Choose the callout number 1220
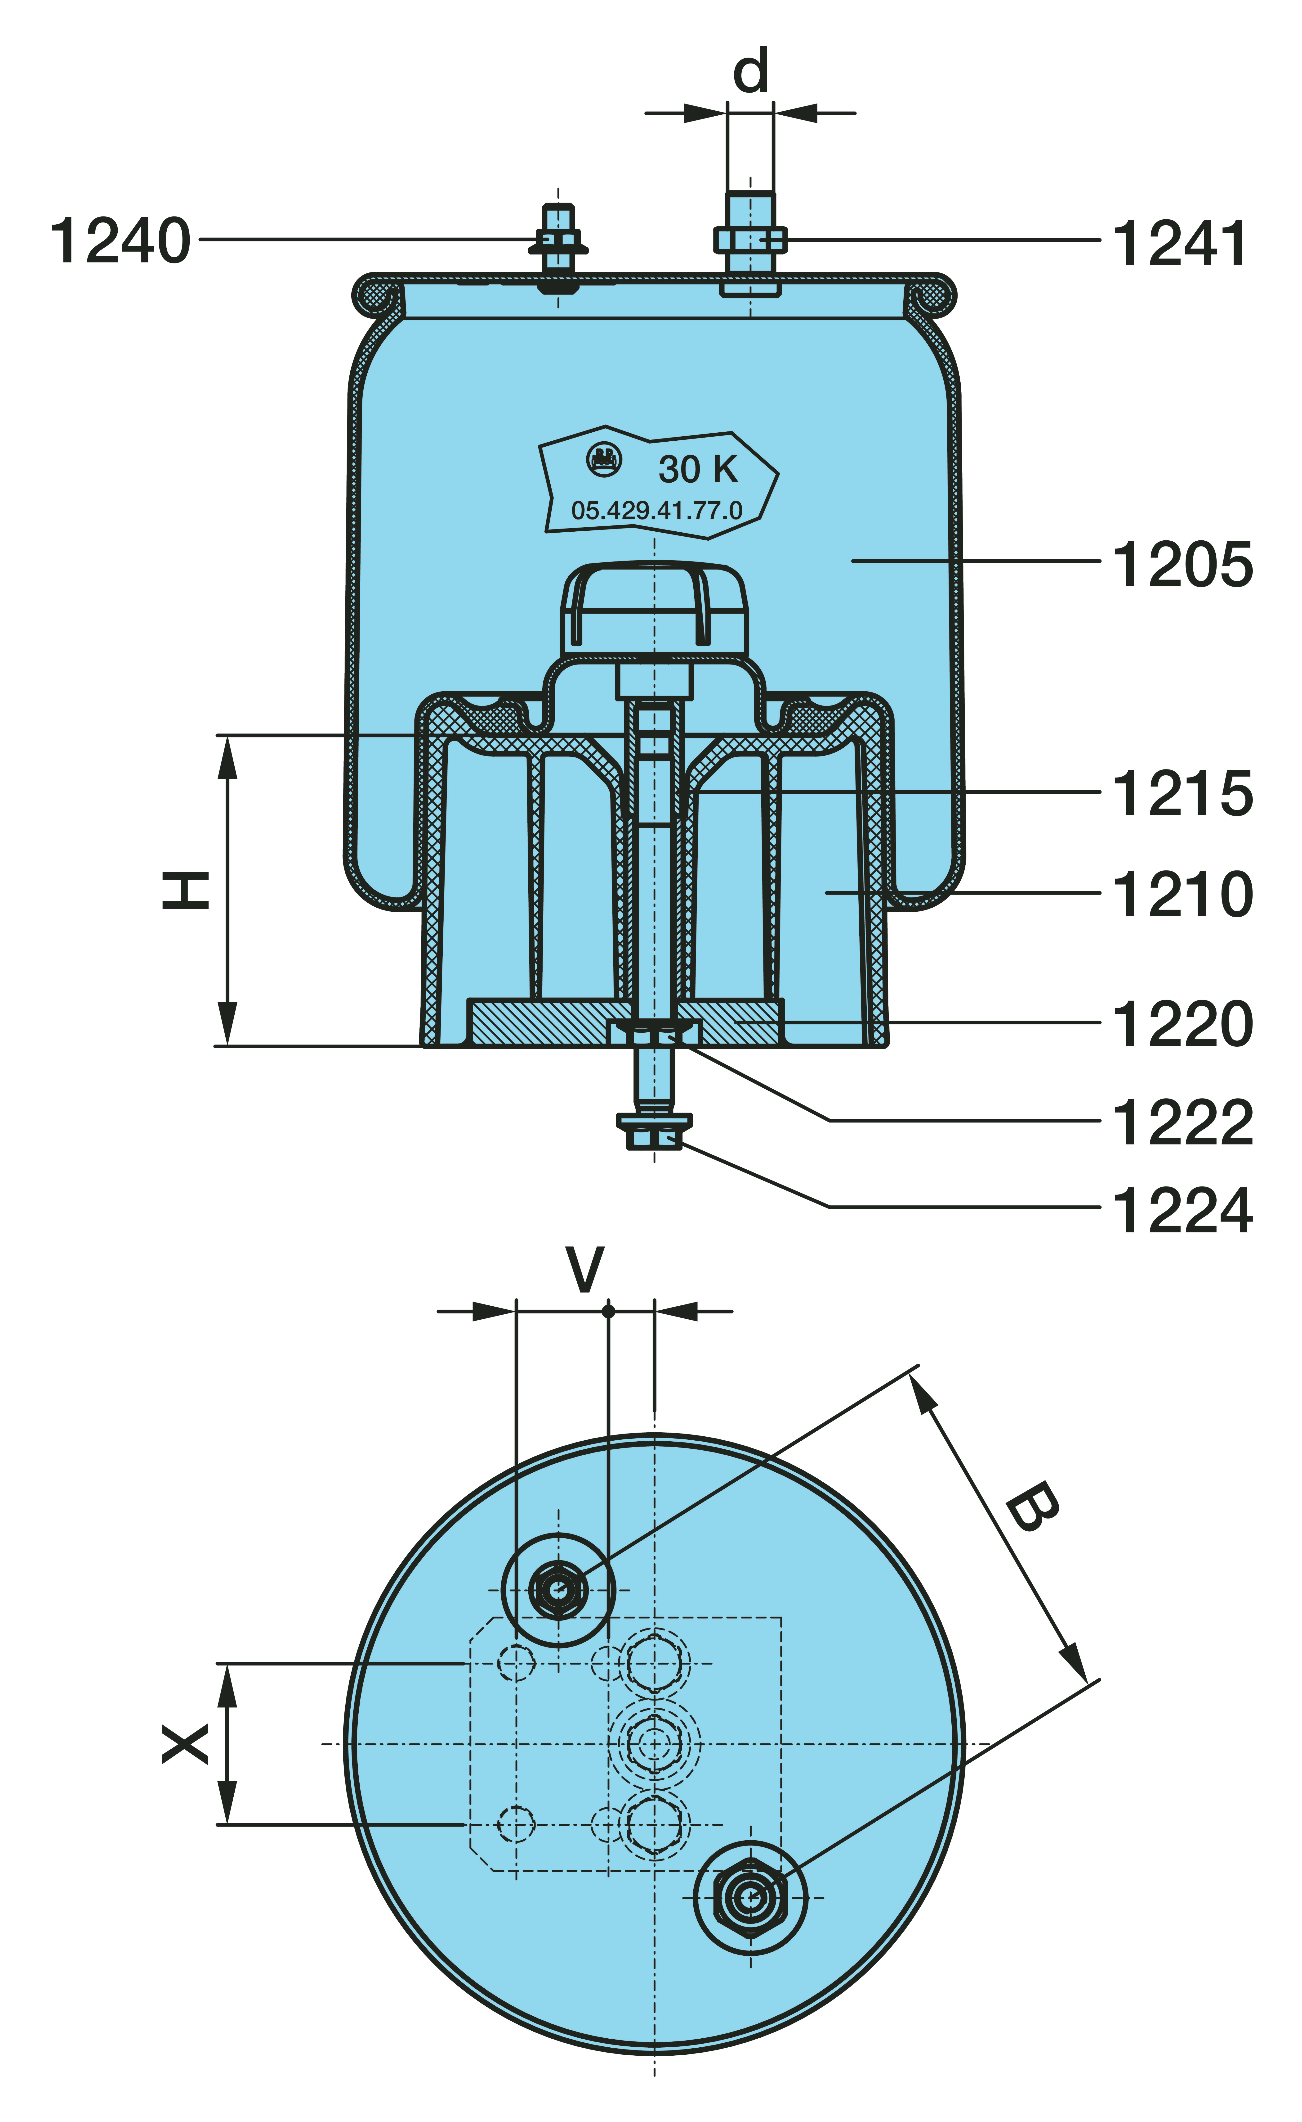tap(1182, 1024)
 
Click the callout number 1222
tap(1182, 1123)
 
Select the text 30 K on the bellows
tap(697, 470)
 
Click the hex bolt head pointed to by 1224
tap(655, 1139)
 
